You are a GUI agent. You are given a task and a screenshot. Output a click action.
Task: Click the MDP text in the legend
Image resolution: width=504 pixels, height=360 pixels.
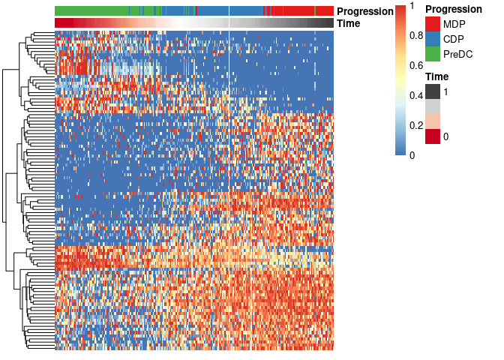tap(453, 24)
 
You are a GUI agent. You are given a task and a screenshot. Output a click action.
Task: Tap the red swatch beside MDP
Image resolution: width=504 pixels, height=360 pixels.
tap(433, 24)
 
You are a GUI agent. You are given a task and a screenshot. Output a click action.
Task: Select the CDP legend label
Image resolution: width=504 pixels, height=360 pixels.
tap(453, 39)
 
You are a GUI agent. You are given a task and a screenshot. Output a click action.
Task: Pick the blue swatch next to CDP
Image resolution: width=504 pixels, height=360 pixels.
tap(433, 39)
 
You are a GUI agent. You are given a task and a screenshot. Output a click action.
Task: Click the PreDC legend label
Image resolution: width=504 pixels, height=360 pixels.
tap(457, 54)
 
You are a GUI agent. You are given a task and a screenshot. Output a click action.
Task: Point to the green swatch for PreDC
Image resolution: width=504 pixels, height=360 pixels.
tap(433, 54)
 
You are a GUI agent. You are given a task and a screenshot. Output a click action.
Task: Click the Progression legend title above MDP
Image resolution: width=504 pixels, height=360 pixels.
tap(453, 9)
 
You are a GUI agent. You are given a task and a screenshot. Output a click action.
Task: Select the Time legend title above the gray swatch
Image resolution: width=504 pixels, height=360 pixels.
tap(437, 76)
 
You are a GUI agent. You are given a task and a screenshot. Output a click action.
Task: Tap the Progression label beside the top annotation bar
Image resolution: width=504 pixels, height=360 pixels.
tap(365, 11)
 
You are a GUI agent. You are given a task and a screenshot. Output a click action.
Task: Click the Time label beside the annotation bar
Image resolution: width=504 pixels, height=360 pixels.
tap(349, 23)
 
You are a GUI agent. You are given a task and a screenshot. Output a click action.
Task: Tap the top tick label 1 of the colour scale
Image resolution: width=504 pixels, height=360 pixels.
tap(412, 6)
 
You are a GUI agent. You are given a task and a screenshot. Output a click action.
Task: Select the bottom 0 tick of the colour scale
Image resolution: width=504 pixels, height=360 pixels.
tap(412, 154)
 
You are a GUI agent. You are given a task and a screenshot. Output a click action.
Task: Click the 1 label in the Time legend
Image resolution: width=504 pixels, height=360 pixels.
tap(445, 91)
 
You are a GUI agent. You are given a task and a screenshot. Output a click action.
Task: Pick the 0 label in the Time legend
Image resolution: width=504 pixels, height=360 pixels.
tap(445, 136)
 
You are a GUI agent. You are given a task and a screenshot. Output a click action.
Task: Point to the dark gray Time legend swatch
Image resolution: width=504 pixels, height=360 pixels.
tap(433, 91)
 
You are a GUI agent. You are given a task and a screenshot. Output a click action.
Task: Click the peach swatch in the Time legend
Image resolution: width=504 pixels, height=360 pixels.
tap(433, 121)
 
